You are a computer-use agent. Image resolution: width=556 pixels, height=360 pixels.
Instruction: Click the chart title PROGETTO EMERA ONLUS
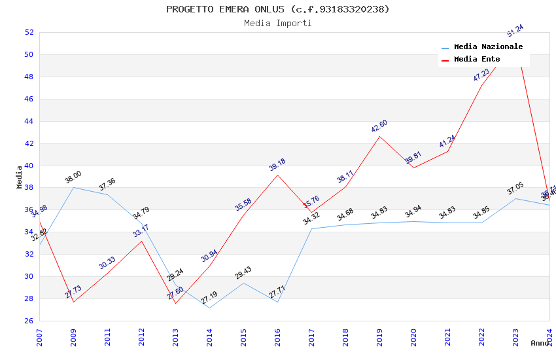277,9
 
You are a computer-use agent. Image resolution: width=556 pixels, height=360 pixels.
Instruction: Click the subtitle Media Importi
277,23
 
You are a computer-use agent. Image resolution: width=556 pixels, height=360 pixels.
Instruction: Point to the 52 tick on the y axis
29,32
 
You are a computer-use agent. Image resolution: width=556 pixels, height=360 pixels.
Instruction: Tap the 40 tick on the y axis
29,166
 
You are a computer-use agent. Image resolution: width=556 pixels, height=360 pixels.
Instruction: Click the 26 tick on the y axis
29,321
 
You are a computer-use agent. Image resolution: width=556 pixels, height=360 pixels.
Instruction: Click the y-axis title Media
19,177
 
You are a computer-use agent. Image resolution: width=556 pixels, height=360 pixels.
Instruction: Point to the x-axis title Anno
540,343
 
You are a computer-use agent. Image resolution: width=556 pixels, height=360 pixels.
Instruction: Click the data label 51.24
515,31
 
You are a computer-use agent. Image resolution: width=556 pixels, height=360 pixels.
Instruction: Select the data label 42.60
379,126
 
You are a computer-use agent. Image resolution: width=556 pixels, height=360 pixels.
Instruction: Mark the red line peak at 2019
379,136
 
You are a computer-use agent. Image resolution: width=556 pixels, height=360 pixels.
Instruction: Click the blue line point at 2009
73,187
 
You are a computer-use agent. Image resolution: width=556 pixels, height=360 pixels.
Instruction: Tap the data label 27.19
209,298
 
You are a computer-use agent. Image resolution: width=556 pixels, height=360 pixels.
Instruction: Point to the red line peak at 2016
277,175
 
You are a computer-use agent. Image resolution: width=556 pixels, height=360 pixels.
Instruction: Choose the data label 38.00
73,177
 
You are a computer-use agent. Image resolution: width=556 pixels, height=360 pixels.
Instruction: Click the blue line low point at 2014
209,308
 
